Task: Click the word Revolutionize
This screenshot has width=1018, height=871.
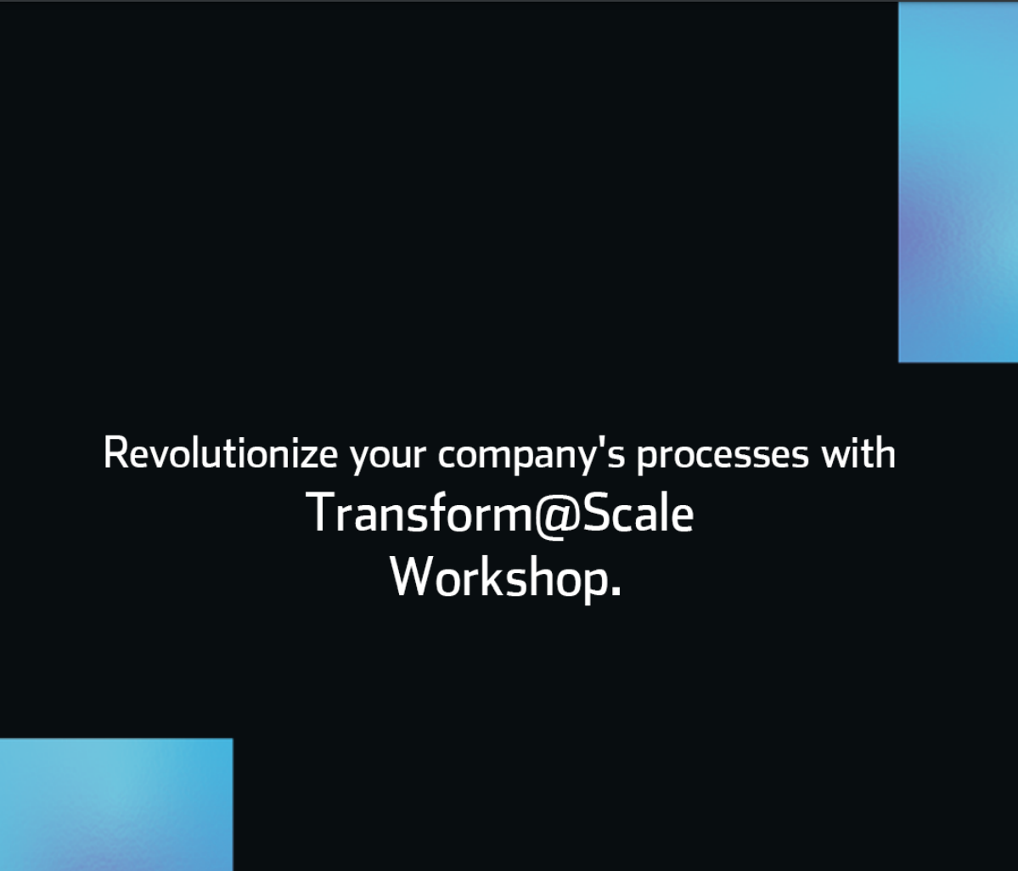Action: coord(220,453)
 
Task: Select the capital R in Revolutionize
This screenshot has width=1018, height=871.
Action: coord(114,453)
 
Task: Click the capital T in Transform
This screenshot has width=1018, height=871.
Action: coord(320,513)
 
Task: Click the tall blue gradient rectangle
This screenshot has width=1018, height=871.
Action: coord(958,182)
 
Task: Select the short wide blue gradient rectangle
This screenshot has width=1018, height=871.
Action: coord(115,804)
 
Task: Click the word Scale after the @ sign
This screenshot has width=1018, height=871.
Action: coord(636,514)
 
